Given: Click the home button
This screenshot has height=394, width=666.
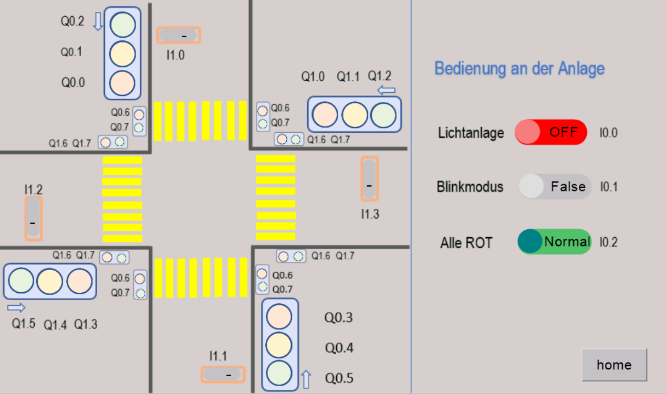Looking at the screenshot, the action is (615, 365).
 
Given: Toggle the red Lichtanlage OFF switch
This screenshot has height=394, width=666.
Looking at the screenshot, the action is (551, 132).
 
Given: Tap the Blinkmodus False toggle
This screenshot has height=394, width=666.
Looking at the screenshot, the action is (555, 186).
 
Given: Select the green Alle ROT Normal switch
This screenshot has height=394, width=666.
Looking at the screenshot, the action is (555, 242).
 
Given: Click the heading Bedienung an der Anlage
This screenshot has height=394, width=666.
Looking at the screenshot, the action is (519, 69).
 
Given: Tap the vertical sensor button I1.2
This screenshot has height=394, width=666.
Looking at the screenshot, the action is (33, 218).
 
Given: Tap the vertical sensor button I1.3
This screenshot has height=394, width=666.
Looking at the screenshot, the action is (370, 179).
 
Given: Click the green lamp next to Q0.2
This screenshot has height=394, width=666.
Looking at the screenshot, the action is (122, 25).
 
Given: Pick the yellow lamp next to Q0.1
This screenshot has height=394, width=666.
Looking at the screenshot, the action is (122, 54).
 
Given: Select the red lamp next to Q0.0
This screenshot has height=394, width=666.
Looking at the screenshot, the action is (122, 83).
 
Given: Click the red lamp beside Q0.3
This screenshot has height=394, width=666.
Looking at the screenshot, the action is (279, 316).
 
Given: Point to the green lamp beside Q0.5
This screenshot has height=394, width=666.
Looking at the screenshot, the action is (279, 373).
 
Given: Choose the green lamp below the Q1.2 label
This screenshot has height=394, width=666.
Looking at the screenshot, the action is (383, 115).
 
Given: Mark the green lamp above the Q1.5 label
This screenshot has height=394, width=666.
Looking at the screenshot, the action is (21, 281).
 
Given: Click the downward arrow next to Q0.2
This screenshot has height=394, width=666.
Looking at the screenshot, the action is (98, 22).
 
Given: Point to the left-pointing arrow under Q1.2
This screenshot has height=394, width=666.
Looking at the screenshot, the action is (386, 90).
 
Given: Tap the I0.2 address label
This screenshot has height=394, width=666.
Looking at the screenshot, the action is (609, 242).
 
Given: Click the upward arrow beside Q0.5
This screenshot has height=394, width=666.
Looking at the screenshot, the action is (306, 379).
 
